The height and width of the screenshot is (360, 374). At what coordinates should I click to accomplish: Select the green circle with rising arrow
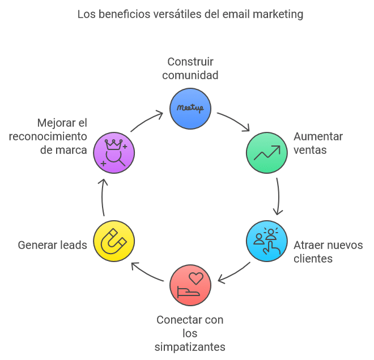(266, 153)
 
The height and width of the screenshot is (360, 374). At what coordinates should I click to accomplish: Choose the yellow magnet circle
(114, 241)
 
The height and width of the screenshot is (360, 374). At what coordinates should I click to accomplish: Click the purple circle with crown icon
(114, 153)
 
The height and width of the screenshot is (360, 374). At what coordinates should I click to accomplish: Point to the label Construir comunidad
(190, 68)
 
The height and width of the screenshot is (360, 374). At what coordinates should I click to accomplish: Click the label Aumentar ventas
(318, 143)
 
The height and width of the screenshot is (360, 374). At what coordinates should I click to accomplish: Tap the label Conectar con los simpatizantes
(190, 333)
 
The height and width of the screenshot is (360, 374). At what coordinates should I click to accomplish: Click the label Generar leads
(53, 245)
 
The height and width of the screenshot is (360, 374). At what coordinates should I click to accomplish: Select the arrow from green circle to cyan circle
(278, 196)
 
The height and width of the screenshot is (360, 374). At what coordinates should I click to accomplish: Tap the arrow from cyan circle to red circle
(233, 273)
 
